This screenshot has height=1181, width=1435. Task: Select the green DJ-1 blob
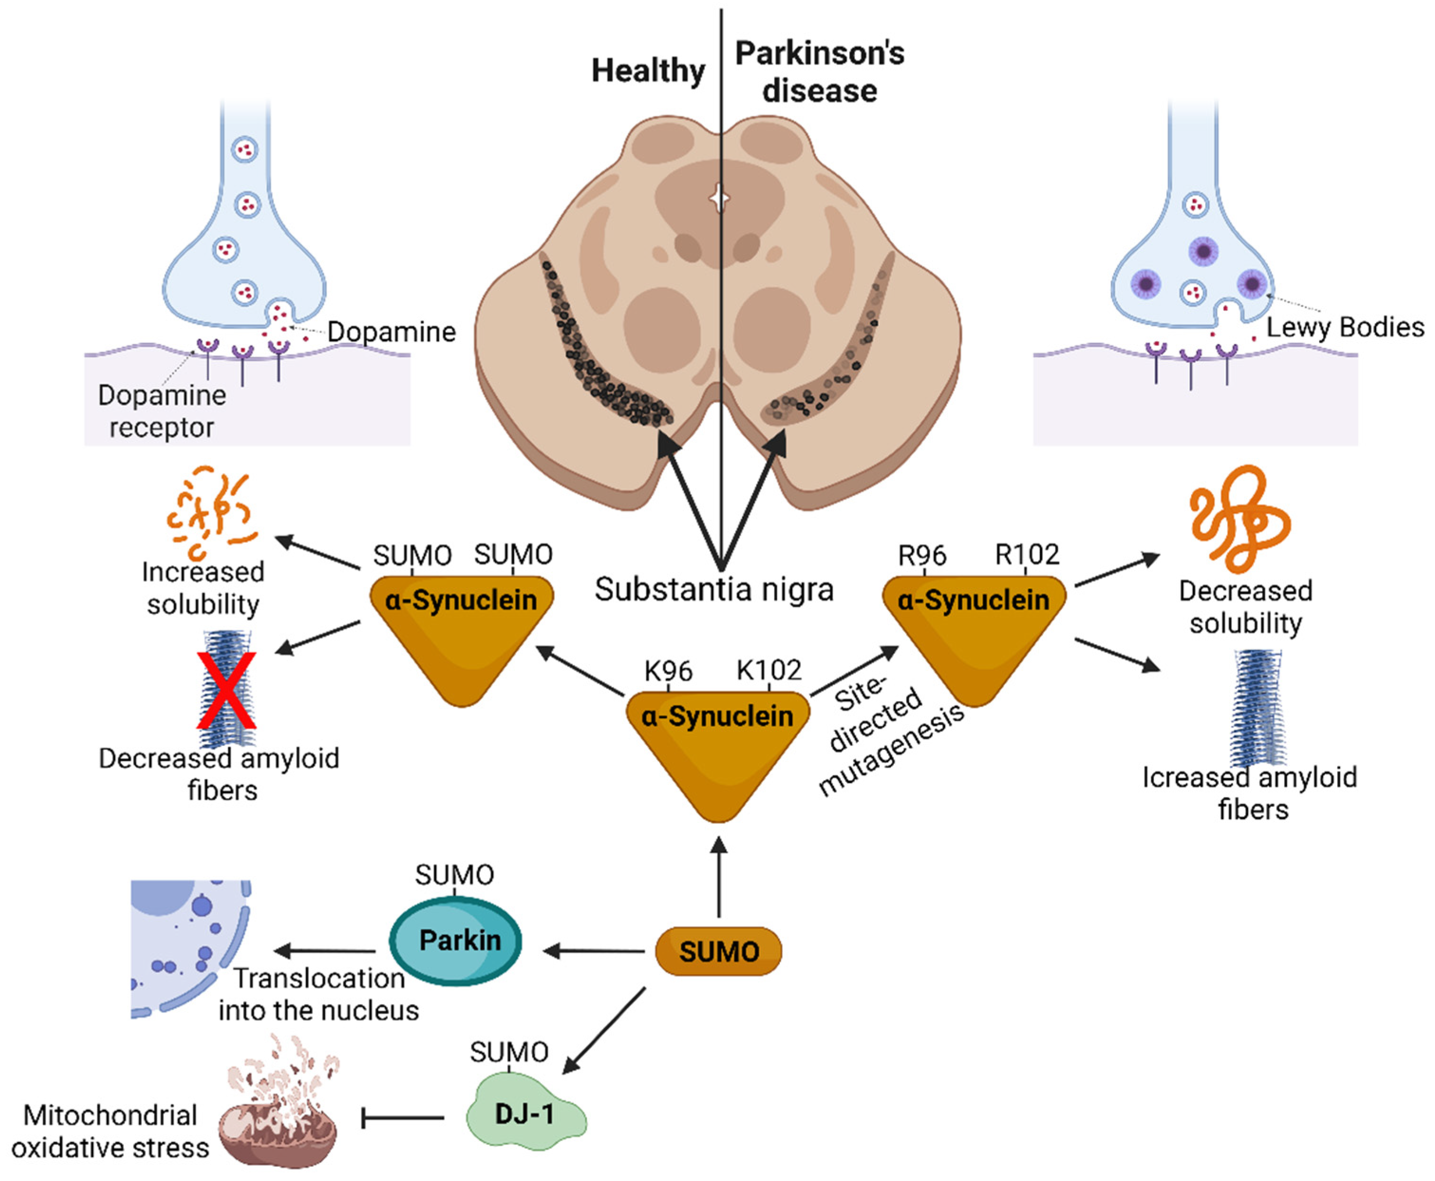525,1113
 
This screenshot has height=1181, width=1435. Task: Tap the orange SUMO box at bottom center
718,951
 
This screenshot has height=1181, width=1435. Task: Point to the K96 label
668,671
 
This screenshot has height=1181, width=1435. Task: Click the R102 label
1026,555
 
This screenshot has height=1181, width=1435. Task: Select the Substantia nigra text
714,589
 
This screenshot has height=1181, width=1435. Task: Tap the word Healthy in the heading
648,70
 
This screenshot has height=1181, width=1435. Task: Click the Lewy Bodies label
1344,327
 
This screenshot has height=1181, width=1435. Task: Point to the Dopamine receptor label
162,411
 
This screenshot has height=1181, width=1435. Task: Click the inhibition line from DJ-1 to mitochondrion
402,1118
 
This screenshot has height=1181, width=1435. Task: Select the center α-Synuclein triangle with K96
717,742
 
